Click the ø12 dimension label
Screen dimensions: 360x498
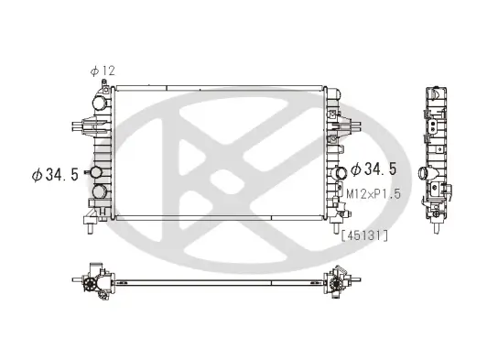coord(103,71)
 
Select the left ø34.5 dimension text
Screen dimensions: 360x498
coord(54,174)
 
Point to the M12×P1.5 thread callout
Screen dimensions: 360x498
coord(375,194)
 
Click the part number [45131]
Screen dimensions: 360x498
coord(364,235)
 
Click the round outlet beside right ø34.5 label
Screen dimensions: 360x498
coord(341,172)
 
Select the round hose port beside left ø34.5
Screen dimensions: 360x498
coord(94,173)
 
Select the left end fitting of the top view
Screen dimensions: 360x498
coord(93,282)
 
